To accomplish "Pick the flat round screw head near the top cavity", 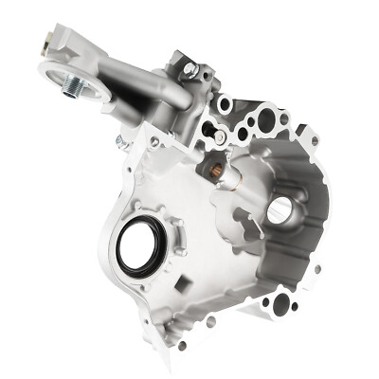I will pos(219,137).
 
